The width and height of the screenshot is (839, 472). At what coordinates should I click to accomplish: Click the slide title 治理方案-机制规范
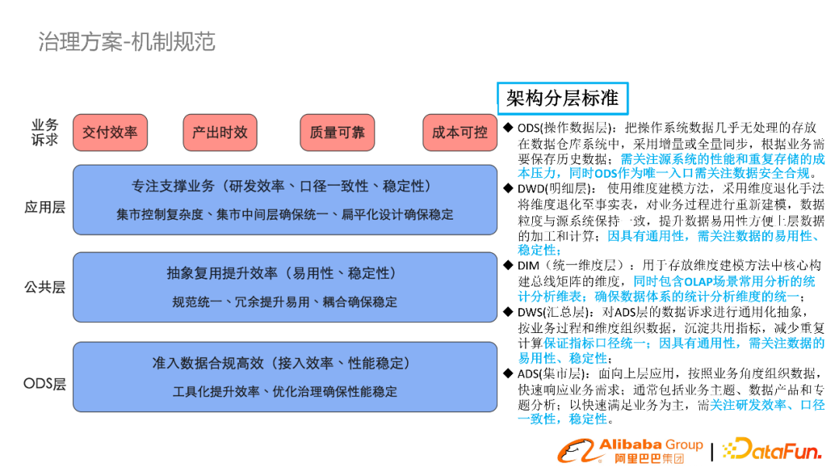pos(127,42)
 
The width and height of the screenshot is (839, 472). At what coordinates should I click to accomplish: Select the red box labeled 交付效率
pos(110,133)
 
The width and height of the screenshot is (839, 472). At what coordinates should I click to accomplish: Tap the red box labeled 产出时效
pos(220,133)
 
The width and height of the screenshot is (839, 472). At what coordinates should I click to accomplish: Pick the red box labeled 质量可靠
pos(337,133)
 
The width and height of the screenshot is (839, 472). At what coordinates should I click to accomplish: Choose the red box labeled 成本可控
pos(460,133)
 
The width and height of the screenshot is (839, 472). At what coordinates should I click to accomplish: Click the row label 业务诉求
pos(44,132)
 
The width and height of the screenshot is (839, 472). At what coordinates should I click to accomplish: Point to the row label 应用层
pos(44,207)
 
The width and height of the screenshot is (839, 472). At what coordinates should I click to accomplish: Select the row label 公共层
pos(44,287)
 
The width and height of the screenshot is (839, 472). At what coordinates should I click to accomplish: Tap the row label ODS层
pos(44,383)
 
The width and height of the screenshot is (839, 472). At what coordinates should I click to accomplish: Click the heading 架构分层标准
pos(562,99)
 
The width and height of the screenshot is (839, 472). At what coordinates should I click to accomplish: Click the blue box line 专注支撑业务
pos(284,187)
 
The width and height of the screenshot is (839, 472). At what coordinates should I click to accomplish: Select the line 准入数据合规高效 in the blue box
pos(284,363)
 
